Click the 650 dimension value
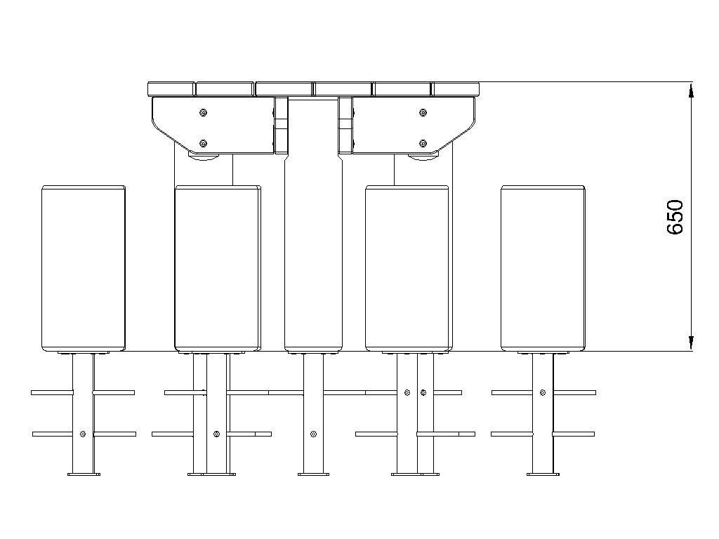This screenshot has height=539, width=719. point(675,217)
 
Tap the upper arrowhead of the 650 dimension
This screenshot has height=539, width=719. point(692,91)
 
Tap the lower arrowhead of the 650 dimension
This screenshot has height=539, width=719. point(692,342)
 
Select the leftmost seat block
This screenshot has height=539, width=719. point(84,268)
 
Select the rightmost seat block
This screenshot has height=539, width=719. point(543,268)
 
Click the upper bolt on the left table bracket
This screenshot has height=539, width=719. point(204,113)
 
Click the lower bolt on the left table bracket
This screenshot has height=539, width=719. point(204,143)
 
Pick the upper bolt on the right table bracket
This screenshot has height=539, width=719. point(423,113)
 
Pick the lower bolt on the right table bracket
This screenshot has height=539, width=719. point(423,143)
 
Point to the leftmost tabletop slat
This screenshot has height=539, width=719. point(171,89)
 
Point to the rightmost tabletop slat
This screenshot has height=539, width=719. point(455,89)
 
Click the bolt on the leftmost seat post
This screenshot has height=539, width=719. point(83,434)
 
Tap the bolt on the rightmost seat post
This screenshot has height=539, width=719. point(543,393)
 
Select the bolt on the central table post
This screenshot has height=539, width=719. point(313,434)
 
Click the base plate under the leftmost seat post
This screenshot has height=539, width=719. point(84,474)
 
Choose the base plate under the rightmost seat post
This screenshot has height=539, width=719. point(543,474)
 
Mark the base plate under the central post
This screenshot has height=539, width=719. point(313,474)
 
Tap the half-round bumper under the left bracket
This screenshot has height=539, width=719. point(204,157)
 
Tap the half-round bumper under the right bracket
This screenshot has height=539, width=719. point(423,157)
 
